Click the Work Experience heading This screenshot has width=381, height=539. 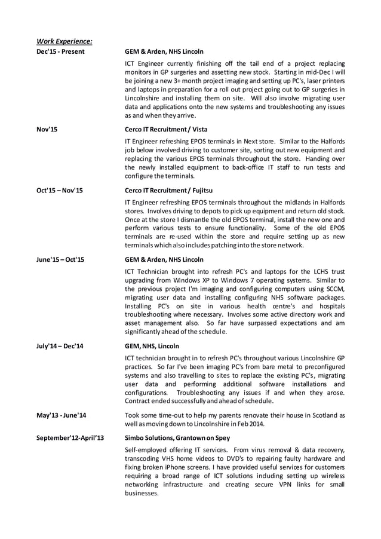click(x=64, y=41)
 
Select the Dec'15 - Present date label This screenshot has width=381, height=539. click(x=60, y=52)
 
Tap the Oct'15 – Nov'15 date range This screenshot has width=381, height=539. click(x=60, y=191)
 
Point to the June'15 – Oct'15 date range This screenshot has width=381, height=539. click(x=60, y=260)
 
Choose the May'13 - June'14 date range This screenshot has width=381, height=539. click(x=61, y=415)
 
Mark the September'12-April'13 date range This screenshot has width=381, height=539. click(x=70, y=438)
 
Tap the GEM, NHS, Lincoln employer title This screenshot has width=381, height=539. click(x=152, y=346)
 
